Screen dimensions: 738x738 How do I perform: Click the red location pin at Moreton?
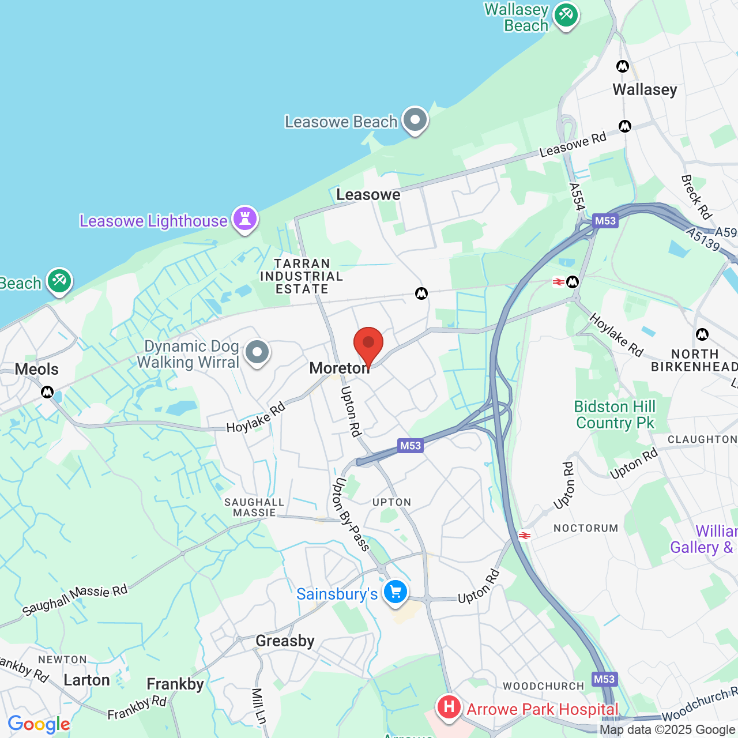pos(368,344)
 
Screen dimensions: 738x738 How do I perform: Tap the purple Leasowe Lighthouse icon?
pos(245,219)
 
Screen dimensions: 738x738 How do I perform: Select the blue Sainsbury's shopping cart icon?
pos(396,592)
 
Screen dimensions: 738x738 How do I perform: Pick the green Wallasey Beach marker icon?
pos(566,15)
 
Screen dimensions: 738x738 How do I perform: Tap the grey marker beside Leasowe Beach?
pos(415,120)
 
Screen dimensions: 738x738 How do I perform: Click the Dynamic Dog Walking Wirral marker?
pos(257,352)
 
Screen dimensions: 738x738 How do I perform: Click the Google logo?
pos(39,724)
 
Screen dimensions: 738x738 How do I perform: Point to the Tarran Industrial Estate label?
pos(302,276)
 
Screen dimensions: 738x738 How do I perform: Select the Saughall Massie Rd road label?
pos(75,600)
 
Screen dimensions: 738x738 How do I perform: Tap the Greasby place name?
pos(285,641)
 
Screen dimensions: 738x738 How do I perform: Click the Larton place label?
pos(86,680)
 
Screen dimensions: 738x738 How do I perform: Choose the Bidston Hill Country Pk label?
pos(615,415)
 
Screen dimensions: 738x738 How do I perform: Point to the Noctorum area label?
pos(586,528)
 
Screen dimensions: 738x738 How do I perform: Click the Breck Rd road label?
pos(696,197)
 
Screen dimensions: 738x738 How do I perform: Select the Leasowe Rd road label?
pos(573,144)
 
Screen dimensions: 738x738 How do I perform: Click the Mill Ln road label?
pos(259,706)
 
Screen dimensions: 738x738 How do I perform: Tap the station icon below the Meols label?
pos(47,393)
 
